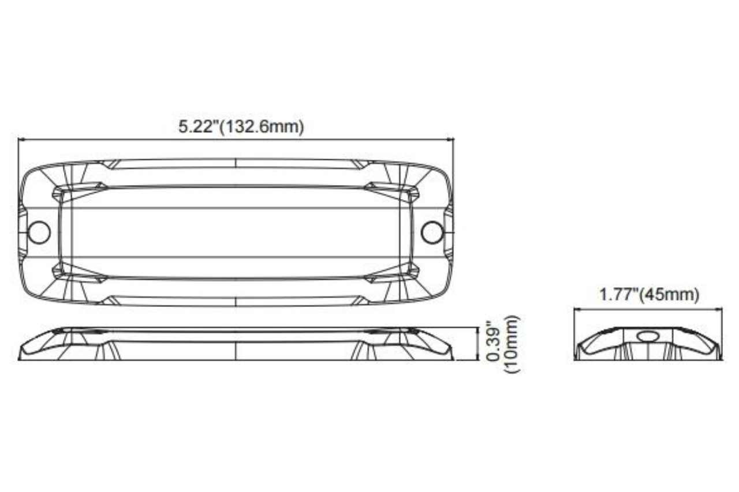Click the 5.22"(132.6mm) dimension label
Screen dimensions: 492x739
tap(241, 126)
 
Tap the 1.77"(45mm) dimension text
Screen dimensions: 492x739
tap(649, 295)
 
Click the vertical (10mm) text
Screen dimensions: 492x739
tap(512, 344)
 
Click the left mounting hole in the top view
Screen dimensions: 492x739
tap(39, 232)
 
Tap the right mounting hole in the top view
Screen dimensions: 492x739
tap(432, 232)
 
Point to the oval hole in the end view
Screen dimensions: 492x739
tap(648, 337)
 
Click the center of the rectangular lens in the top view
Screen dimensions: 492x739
tap(236, 232)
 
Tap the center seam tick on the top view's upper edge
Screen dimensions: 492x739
tap(236, 163)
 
